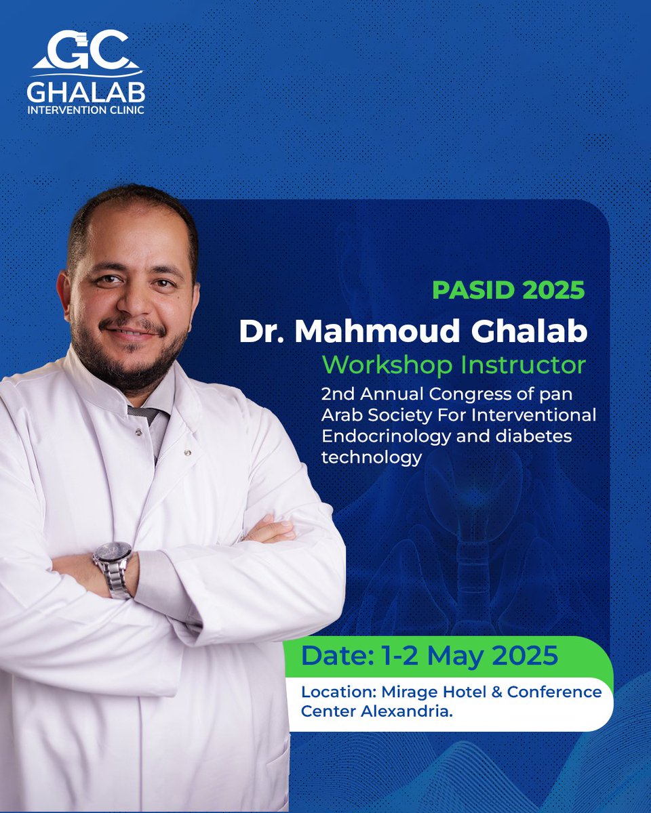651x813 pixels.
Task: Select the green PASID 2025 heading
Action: pos(508,290)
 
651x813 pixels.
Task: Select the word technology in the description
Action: pos(372,458)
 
